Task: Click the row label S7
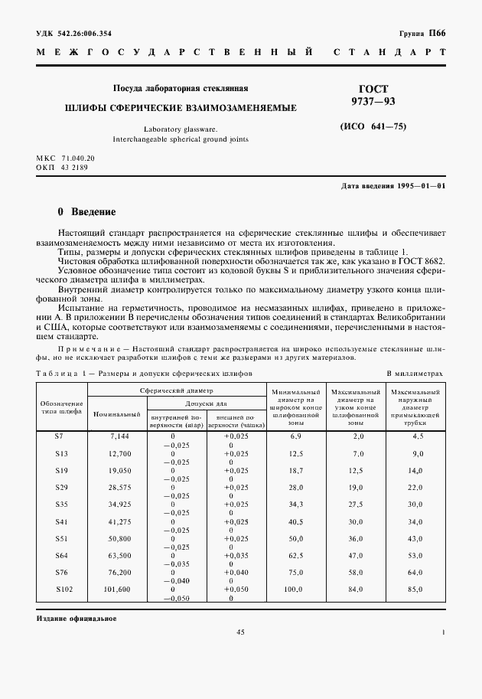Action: tap(61, 436)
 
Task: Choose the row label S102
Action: tap(61, 589)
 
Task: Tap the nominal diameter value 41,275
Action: tap(121, 521)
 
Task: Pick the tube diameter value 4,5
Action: tap(417, 436)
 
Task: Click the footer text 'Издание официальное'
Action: tap(77, 618)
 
